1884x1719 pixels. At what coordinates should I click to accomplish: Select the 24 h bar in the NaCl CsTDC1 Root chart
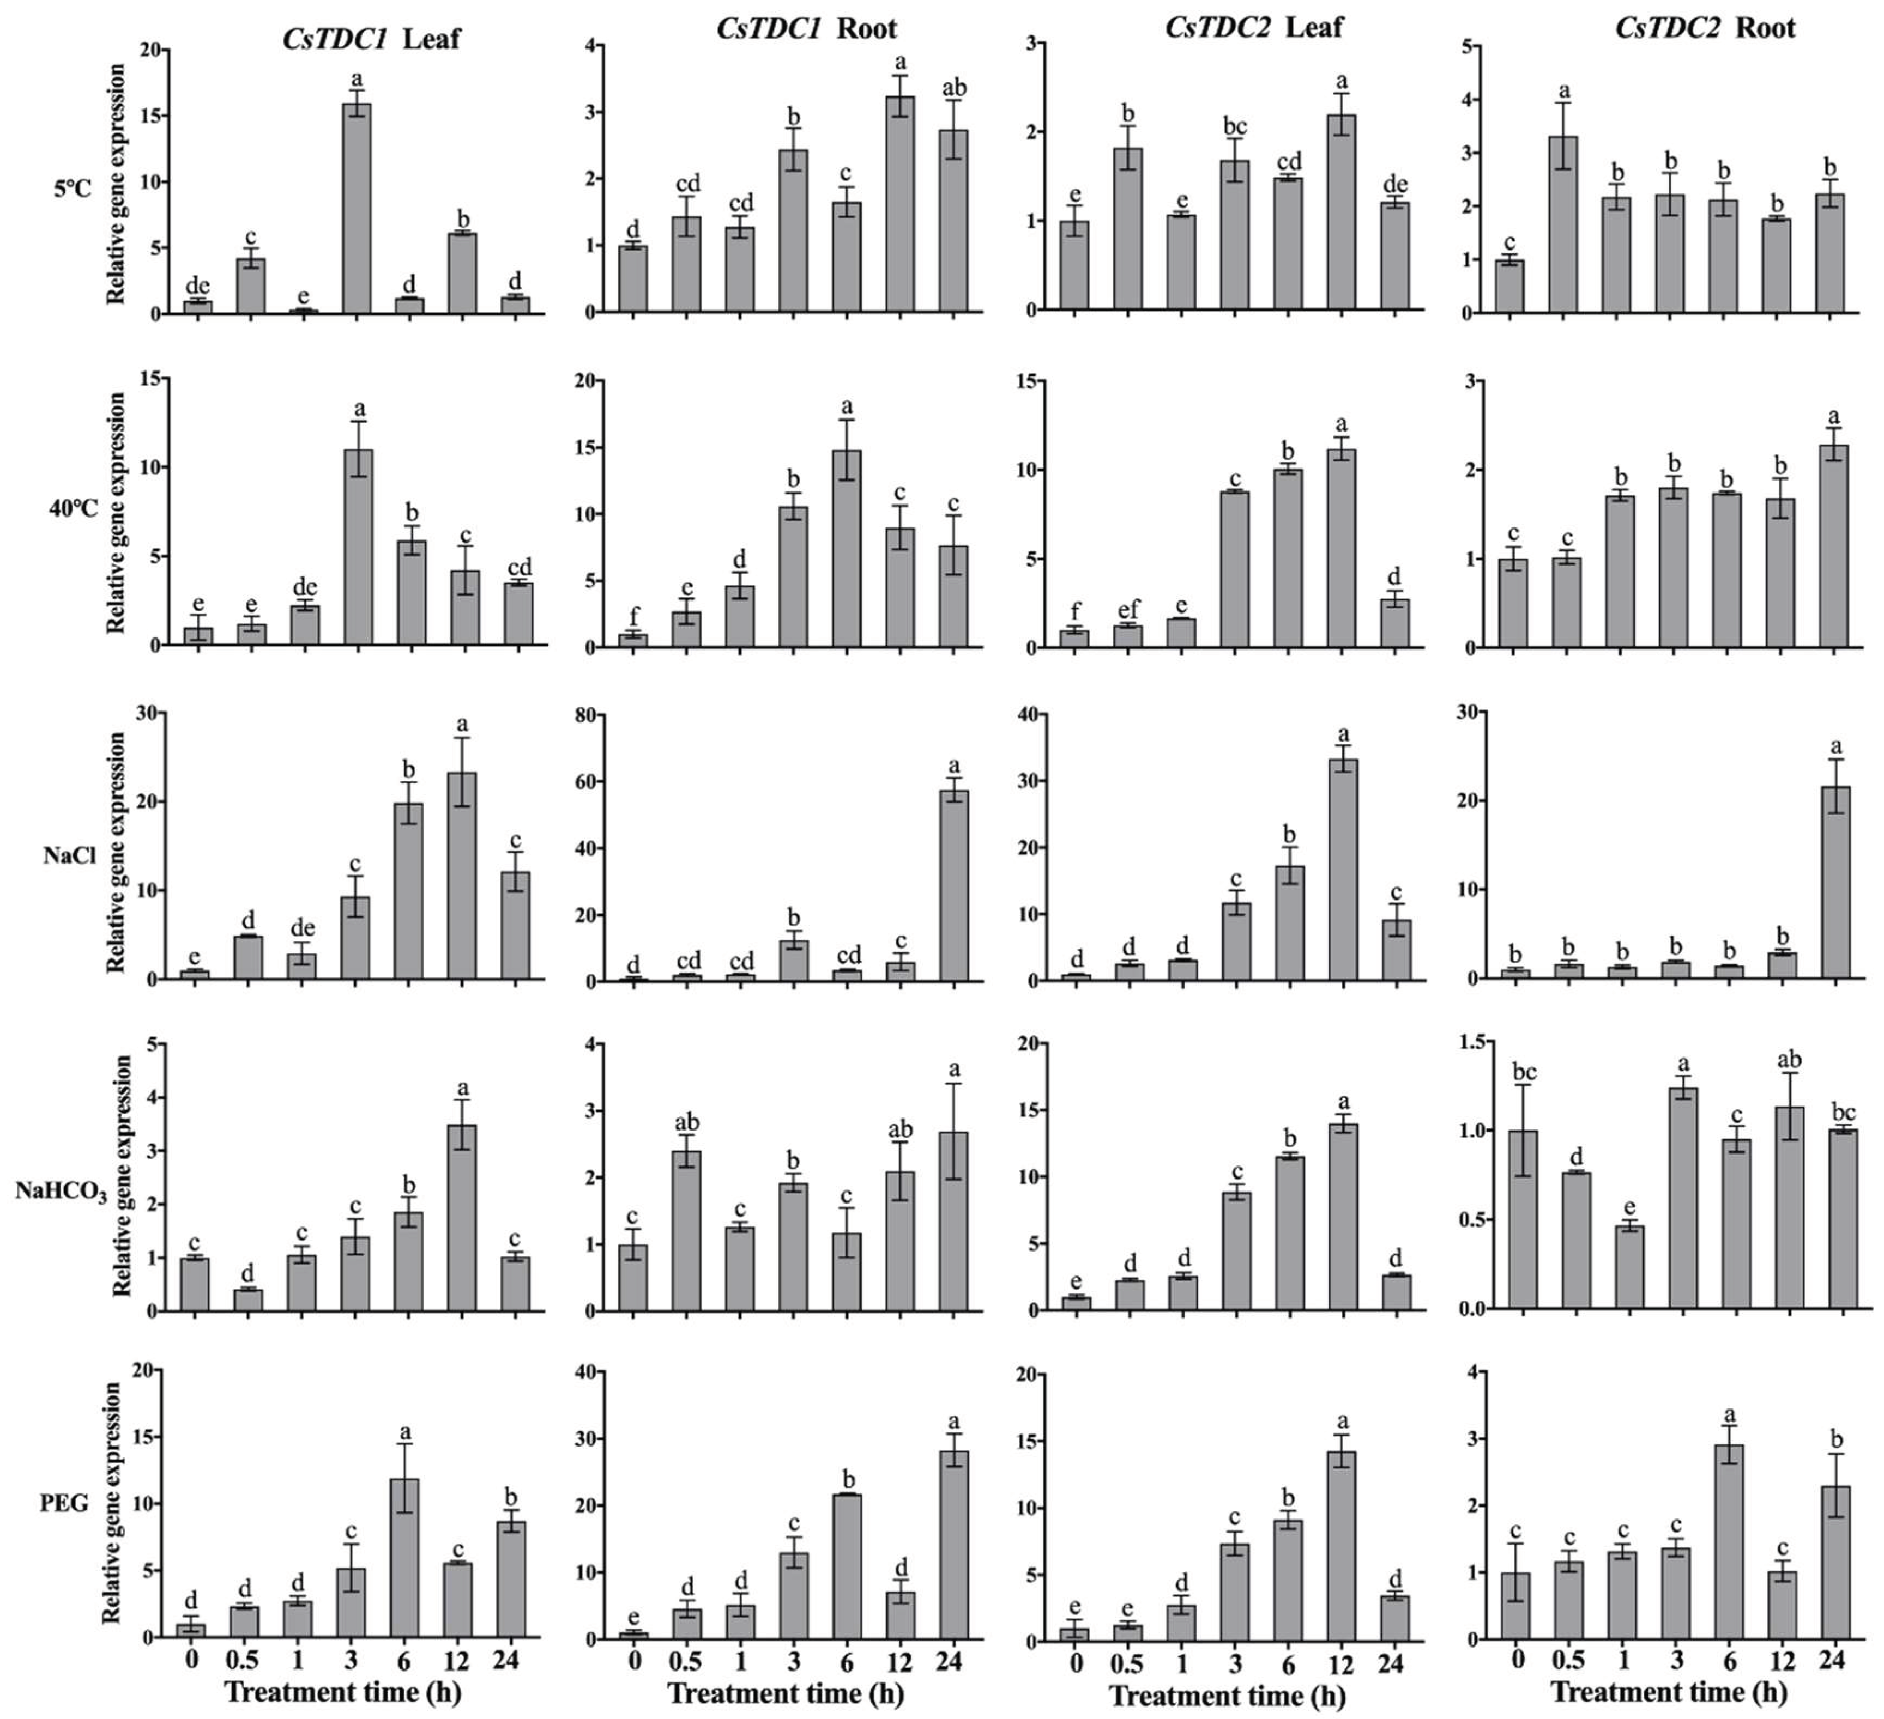pyautogui.click(x=953, y=886)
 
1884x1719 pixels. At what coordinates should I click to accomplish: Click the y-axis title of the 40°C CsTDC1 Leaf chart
pyautogui.click(x=117, y=512)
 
